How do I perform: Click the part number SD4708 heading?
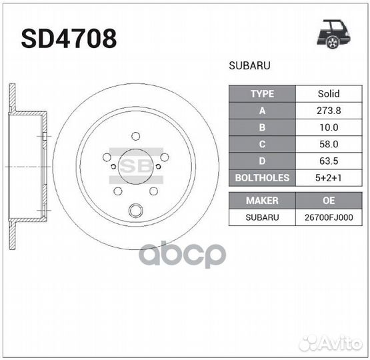pyautogui.click(x=69, y=39)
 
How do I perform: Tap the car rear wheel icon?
pyautogui.click(x=333, y=35)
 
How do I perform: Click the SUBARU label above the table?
pyautogui.click(x=249, y=65)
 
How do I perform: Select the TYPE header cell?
pyautogui.click(x=262, y=93)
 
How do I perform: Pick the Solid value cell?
pyautogui.click(x=329, y=93)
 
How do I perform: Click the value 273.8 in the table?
pyautogui.click(x=329, y=111)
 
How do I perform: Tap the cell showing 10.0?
pyautogui.click(x=329, y=127)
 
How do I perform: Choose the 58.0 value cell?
pyautogui.click(x=329, y=144)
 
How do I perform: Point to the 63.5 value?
pyautogui.click(x=329, y=161)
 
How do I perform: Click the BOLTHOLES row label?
pyautogui.click(x=262, y=178)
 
